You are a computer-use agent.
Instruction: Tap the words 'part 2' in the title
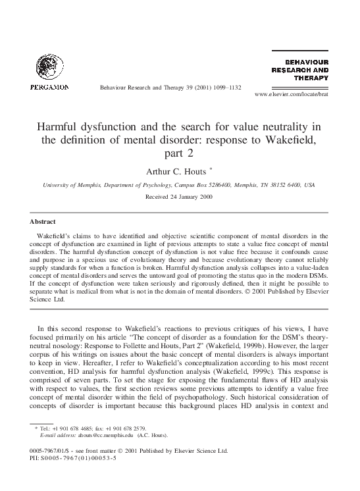click(x=180, y=153)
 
